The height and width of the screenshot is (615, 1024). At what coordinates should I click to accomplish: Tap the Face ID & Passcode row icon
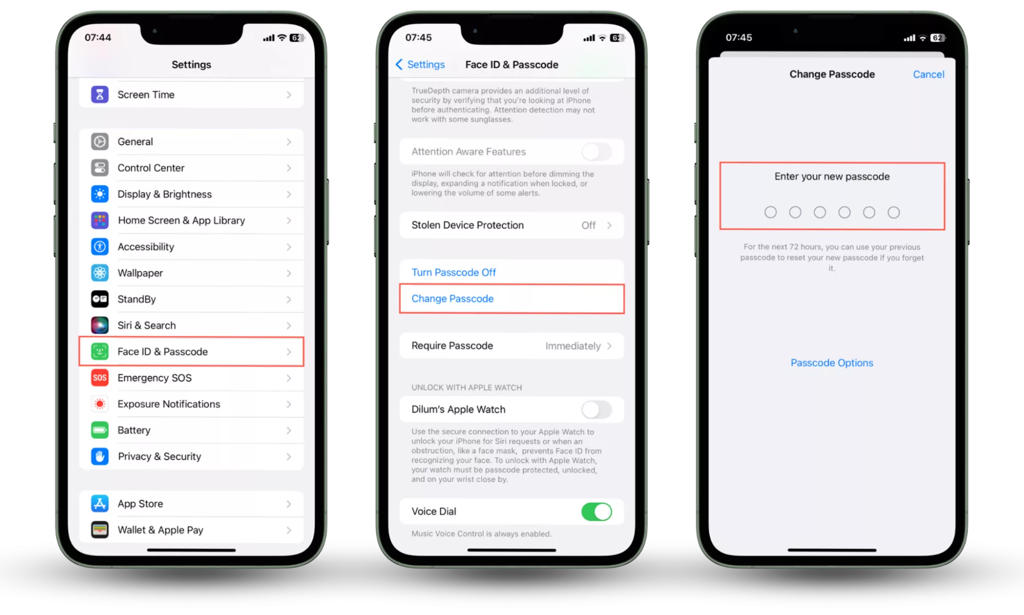100,352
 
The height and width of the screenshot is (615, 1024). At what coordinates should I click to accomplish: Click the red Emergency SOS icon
100,378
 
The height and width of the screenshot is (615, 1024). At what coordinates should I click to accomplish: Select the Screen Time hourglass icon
100,94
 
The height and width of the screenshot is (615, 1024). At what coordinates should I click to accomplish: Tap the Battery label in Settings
134,430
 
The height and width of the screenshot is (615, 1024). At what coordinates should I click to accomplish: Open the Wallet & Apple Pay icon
100,529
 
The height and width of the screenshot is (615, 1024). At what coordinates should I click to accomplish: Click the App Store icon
100,503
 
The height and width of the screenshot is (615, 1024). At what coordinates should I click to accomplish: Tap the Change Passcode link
452,298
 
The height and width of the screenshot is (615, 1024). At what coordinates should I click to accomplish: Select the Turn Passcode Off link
453,272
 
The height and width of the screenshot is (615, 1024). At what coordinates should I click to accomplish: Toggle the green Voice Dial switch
597,511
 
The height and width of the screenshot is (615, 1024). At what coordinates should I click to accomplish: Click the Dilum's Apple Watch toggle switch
597,409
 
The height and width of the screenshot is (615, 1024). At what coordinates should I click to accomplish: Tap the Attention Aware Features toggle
597,152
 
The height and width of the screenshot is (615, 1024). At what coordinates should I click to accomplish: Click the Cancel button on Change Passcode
928,74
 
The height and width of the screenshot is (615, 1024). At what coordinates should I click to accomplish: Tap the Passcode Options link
832,363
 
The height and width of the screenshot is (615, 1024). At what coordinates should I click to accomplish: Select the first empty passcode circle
770,212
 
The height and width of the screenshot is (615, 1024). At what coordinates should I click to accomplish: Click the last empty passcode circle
893,212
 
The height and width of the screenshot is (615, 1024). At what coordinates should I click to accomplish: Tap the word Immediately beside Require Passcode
573,346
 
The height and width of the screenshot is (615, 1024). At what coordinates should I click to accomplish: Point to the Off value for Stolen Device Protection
588,225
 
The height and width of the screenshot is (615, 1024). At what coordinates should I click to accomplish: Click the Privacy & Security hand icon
100,456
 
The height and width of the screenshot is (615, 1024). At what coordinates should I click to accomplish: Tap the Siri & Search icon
100,325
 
